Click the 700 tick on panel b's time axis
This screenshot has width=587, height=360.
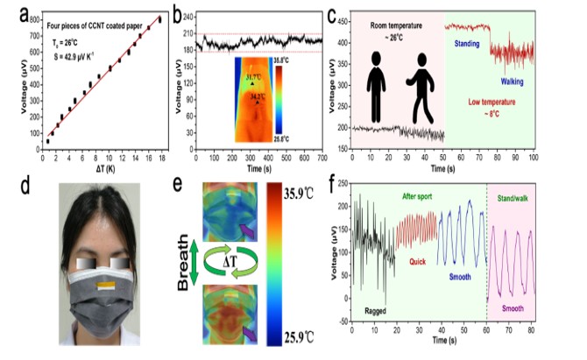pos(322,159)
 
